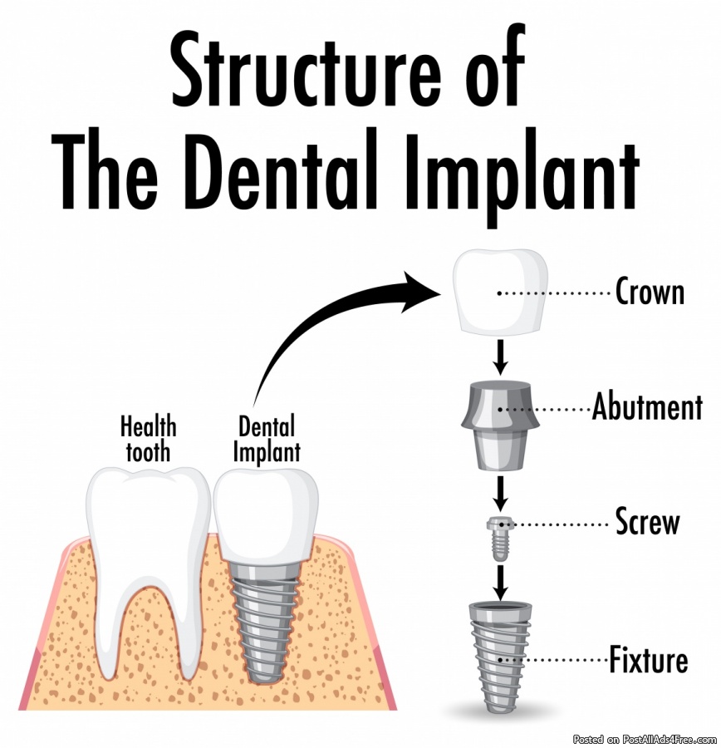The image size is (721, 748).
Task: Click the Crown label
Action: pyautogui.click(x=650, y=292)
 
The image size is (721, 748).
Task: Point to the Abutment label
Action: pyautogui.click(x=647, y=407)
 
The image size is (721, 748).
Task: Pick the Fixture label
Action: pyautogui.click(x=649, y=660)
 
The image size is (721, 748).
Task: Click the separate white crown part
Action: pyautogui.click(x=500, y=291)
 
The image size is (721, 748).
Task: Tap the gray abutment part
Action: pyautogui.click(x=500, y=424)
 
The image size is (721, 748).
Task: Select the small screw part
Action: pyautogui.click(x=499, y=538)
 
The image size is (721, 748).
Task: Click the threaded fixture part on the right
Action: pyautogui.click(x=500, y=657)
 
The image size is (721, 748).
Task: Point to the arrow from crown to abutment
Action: pyautogui.click(x=500, y=357)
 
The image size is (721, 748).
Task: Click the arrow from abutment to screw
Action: pyautogui.click(x=500, y=493)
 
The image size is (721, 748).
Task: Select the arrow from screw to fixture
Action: pyautogui.click(x=500, y=583)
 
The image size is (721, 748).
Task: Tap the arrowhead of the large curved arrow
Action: pyautogui.click(x=419, y=291)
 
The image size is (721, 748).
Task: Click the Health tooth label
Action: pyautogui.click(x=149, y=439)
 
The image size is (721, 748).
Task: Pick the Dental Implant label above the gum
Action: pyautogui.click(x=267, y=440)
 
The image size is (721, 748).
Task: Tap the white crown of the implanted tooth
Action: pyautogui.click(x=266, y=514)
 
